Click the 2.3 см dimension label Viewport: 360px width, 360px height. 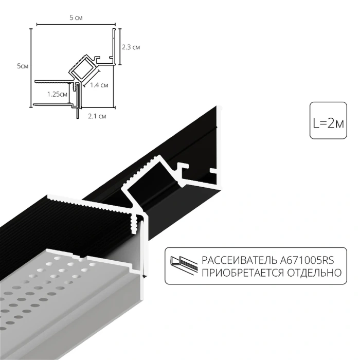click(131, 47)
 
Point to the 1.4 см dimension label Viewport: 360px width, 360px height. click(98, 85)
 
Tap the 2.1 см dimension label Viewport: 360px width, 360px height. click(97, 117)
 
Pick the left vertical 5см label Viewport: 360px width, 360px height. click(22, 66)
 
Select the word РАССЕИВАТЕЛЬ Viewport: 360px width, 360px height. click(231, 261)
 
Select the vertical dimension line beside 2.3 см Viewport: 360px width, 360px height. click(120, 47)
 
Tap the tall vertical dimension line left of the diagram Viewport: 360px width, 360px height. click(31, 67)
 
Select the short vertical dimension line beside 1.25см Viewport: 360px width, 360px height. click(69, 94)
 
